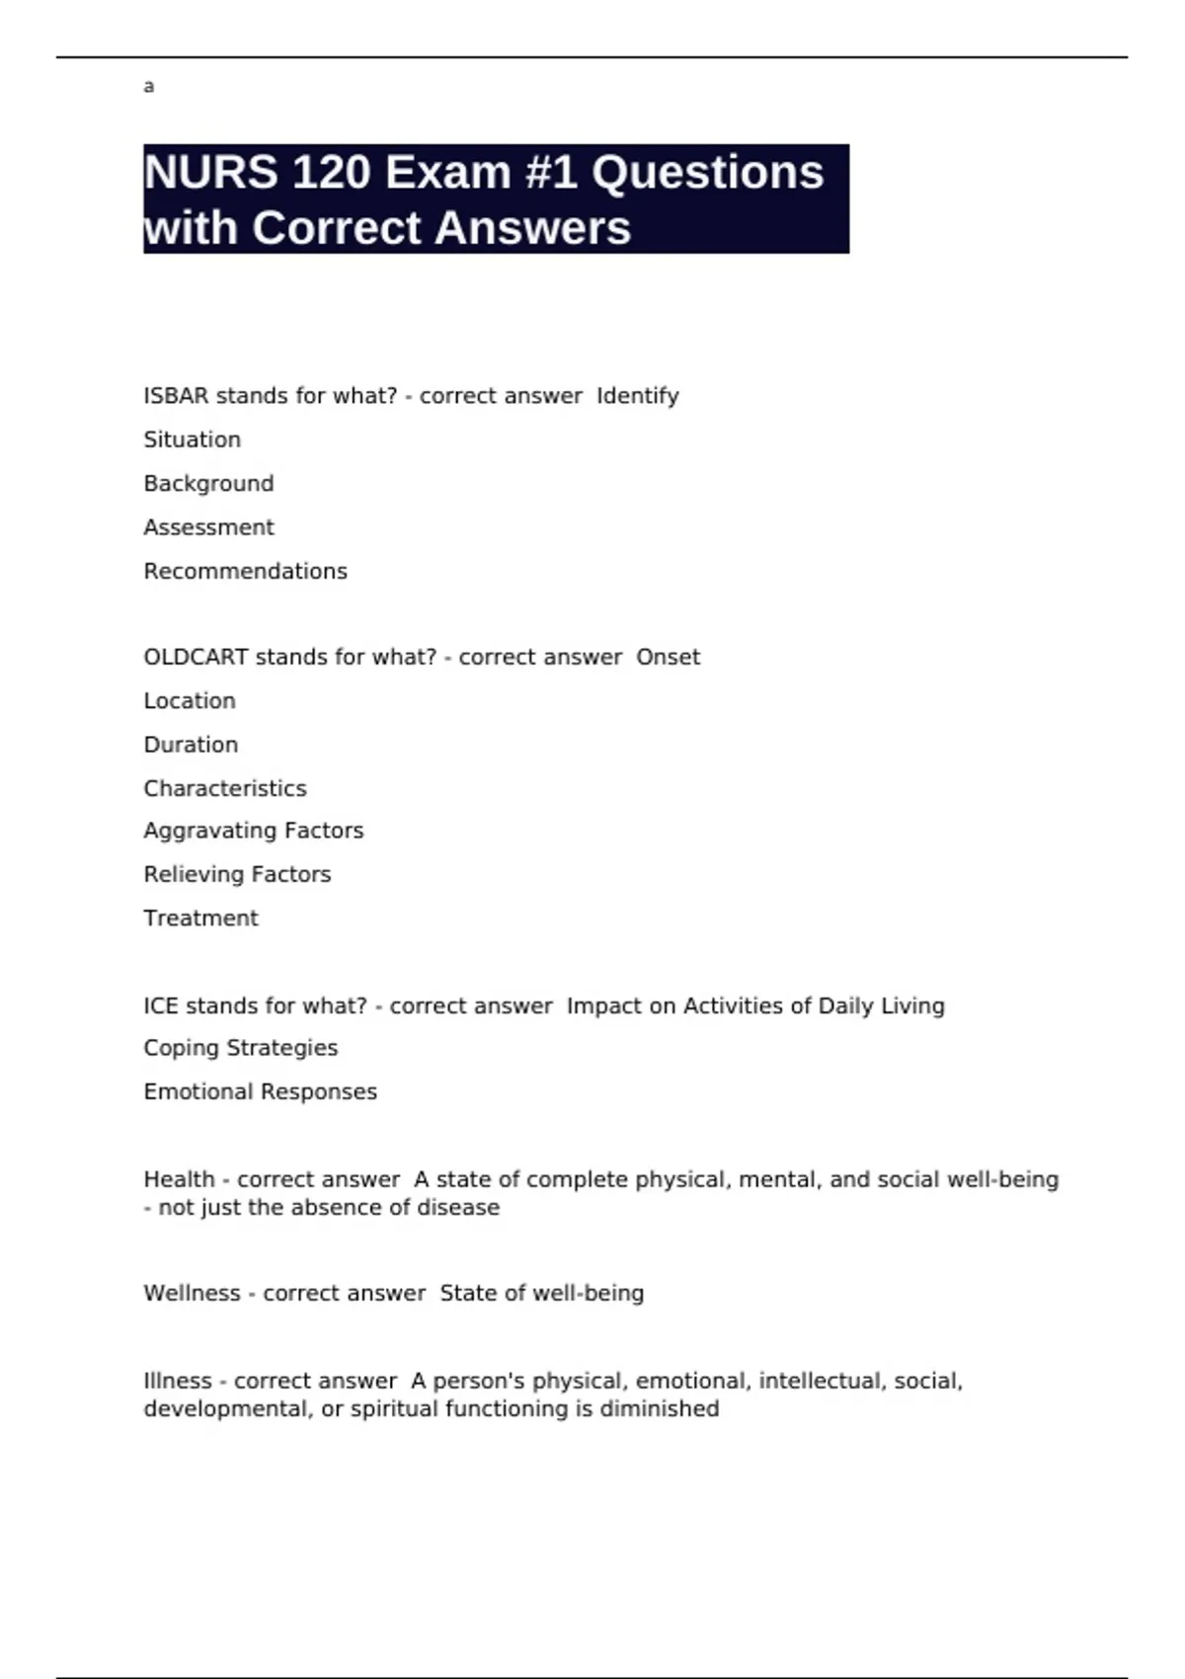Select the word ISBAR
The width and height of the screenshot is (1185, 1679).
[x=176, y=396]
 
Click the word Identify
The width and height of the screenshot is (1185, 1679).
[x=637, y=396]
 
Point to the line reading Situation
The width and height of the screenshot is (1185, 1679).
[x=192, y=440]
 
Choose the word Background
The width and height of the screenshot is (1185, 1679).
[x=208, y=484]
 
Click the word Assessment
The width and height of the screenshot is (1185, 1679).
[x=208, y=527]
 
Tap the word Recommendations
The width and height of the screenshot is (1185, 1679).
[x=245, y=571]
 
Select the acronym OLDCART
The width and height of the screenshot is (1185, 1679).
[x=196, y=658]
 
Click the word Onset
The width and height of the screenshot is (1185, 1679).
[x=668, y=658]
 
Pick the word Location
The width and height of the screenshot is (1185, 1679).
[x=190, y=701]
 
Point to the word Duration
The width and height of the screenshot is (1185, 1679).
[x=191, y=745]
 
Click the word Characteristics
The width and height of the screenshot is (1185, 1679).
[x=225, y=788]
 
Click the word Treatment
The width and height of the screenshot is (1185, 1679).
[x=200, y=919]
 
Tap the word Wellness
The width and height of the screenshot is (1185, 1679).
[x=192, y=1294]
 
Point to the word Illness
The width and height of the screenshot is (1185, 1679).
[x=178, y=1381]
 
